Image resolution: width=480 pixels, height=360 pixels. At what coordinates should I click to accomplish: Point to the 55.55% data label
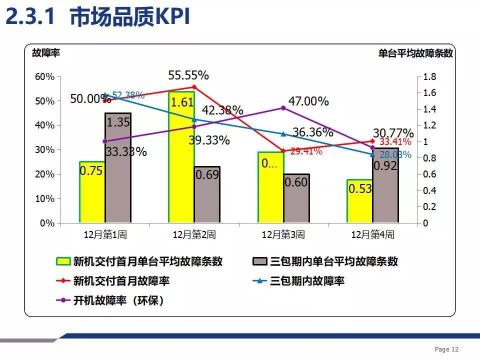click(188, 75)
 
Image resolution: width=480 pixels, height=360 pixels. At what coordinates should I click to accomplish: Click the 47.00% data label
click(308, 101)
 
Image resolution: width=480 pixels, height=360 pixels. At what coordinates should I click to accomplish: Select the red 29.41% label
click(306, 151)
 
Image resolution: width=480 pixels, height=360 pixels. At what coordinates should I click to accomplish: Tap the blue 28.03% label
click(395, 154)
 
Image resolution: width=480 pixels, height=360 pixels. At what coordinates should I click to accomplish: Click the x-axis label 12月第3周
click(283, 234)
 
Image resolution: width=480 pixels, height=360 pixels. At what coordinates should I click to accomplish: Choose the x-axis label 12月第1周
click(104, 234)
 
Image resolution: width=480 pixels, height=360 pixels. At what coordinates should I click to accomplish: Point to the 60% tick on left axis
click(43, 76)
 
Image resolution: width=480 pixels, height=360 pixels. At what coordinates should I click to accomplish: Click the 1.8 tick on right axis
click(429, 76)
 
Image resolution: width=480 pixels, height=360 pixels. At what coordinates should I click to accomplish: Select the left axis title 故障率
click(45, 53)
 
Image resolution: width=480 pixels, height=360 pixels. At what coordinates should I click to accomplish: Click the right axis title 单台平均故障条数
click(415, 53)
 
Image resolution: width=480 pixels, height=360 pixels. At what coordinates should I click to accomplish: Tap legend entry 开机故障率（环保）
click(118, 300)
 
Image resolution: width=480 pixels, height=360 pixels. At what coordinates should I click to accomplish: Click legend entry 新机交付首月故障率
click(121, 281)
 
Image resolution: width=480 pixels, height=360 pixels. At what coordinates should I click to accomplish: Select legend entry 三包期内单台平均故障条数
click(334, 261)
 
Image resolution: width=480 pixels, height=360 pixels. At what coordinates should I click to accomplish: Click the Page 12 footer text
click(446, 349)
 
